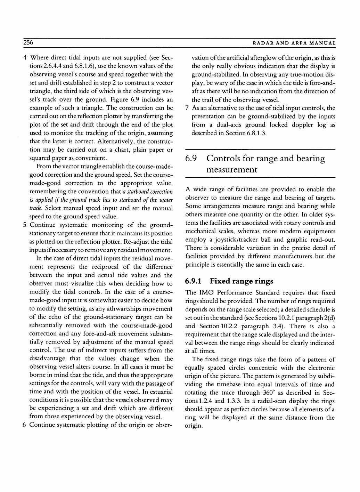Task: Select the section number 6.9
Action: coord(191,159)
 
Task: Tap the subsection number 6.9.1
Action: coord(194,281)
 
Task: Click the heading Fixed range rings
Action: coord(242,281)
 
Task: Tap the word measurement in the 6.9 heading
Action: coord(232,170)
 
